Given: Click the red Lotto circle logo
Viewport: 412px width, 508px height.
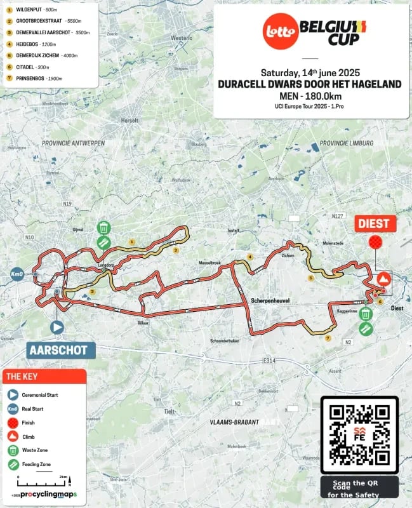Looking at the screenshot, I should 280,32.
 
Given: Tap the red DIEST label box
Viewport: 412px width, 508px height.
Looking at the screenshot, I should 376,223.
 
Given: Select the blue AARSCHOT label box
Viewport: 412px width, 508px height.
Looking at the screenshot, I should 62,349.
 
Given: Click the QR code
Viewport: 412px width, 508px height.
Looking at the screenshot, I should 360,435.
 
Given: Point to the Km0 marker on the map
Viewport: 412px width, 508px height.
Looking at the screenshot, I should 17,274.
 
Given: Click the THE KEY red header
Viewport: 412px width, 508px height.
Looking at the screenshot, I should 44,376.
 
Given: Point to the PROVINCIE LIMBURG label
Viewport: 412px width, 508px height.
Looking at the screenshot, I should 347,143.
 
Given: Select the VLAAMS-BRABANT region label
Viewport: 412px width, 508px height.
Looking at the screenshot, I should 234,421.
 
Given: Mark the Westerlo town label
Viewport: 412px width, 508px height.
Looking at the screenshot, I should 181,37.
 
